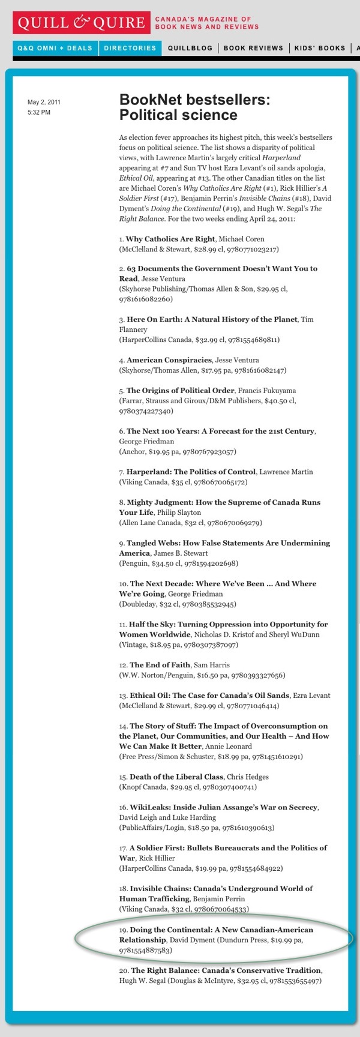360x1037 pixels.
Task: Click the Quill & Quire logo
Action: pos(81,23)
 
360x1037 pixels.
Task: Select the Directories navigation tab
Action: pos(130,48)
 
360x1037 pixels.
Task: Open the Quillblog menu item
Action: pos(190,48)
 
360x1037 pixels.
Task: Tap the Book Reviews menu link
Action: pos(253,48)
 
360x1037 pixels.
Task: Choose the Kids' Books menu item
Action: pos(320,48)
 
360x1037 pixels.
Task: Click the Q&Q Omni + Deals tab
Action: pos(55,48)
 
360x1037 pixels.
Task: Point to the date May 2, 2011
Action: pos(44,102)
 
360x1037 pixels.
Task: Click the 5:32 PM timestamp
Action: pos(39,112)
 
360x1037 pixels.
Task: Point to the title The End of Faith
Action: pos(160,665)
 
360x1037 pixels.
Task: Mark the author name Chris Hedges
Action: pos(248,777)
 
